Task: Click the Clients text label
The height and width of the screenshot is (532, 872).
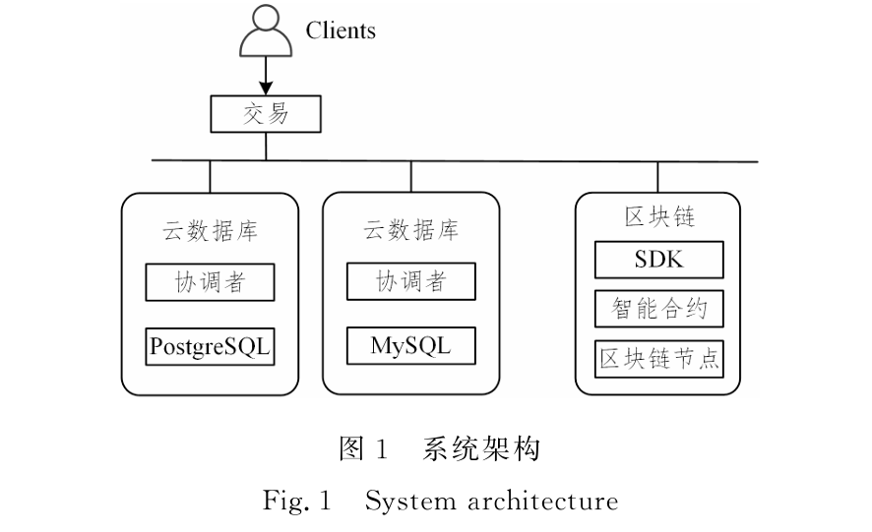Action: tap(341, 30)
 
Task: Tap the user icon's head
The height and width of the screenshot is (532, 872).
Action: tap(266, 21)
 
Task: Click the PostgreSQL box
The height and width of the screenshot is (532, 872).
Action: tap(210, 346)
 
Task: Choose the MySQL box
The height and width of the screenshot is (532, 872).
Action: tap(411, 346)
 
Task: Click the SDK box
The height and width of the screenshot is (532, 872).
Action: tap(659, 260)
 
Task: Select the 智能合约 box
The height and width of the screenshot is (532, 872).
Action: tap(659, 309)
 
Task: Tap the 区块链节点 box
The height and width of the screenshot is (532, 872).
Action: tap(659, 358)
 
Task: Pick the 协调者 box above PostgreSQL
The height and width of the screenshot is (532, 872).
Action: tap(210, 282)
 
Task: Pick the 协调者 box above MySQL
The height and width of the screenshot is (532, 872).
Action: tap(411, 282)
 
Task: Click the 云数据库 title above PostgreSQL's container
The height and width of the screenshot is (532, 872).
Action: tap(210, 231)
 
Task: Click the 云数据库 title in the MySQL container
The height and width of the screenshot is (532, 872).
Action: tap(411, 231)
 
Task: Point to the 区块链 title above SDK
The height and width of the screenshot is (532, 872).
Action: tap(659, 215)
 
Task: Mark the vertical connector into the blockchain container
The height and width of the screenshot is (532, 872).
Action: tap(659, 176)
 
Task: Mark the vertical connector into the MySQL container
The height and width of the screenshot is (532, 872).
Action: tap(411, 176)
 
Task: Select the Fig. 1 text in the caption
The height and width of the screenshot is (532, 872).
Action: tap(294, 502)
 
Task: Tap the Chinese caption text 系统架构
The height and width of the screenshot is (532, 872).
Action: tap(481, 450)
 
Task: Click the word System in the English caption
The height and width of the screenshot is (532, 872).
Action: tap(401, 502)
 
